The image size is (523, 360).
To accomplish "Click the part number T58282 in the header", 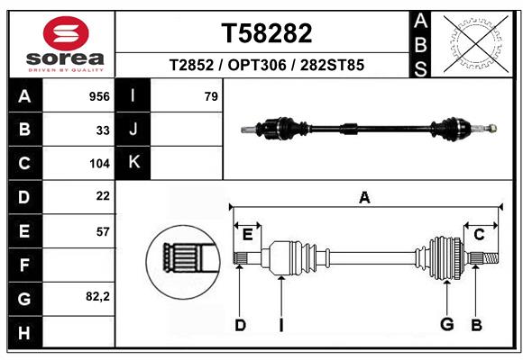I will click(267, 33).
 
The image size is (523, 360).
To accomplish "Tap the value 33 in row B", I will click(103, 130).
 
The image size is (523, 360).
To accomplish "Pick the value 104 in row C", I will click(99, 164).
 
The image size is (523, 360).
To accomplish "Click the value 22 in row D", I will click(103, 196).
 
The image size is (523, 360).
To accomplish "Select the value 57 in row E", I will click(103, 231).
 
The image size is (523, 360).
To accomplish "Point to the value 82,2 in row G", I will click(97, 296).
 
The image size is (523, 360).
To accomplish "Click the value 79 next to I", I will click(211, 96).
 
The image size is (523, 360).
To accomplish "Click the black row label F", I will click(24, 265).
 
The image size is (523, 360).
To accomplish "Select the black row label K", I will click(134, 163).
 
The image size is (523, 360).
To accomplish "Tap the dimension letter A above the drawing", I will click(364, 198).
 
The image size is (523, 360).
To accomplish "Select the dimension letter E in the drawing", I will click(247, 234).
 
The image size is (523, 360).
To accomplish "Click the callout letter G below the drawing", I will click(445, 325).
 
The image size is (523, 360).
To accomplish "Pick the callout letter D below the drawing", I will click(240, 325).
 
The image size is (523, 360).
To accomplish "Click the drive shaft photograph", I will click(370, 128).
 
